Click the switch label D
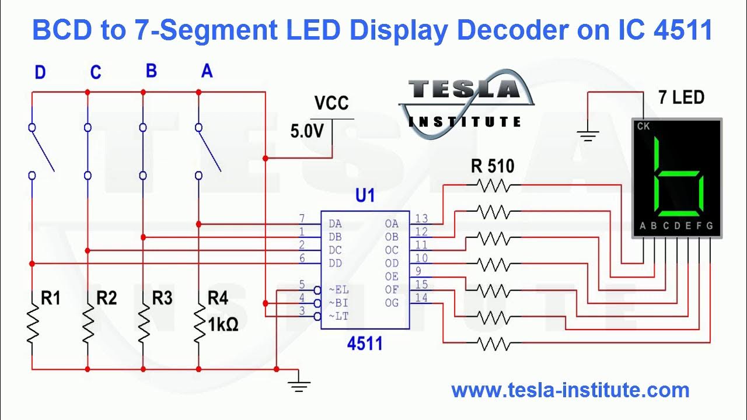40,73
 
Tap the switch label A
207,71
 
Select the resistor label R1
51,298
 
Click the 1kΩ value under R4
224,324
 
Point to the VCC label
331,103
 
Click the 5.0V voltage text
307,131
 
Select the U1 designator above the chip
365,195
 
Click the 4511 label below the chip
365,344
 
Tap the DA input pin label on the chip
335,223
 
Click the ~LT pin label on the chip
338,316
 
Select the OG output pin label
392,302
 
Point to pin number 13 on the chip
421,219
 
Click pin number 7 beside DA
302,219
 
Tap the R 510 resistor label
493,167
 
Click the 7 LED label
681,97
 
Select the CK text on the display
643,126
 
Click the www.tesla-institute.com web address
570,390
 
